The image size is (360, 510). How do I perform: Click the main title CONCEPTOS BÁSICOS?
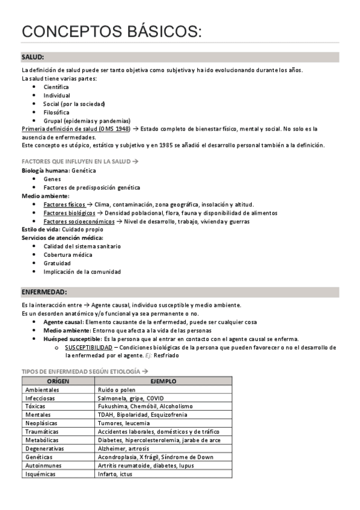pyautogui.click(x=112, y=31)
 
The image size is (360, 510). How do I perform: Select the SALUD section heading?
pyautogui.click(x=32, y=57)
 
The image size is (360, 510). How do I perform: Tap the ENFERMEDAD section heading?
pyautogui.click(x=44, y=292)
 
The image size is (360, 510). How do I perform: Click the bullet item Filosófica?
pyautogui.click(x=56, y=112)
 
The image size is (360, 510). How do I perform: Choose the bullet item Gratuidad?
pyautogui.click(x=57, y=263)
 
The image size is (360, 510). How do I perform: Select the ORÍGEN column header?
pyautogui.click(x=58, y=381)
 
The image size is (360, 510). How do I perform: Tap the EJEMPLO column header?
pyautogui.click(x=163, y=381)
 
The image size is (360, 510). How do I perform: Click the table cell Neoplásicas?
pyautogui.click(x=43, y=423)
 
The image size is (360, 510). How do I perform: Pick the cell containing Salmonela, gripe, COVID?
pyautogui.click(x=139, y=398)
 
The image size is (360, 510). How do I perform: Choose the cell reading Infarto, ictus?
pyautogui.click(x=115, y=473)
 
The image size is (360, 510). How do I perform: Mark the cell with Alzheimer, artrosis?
pyautogui.click(x=125, y=448)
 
